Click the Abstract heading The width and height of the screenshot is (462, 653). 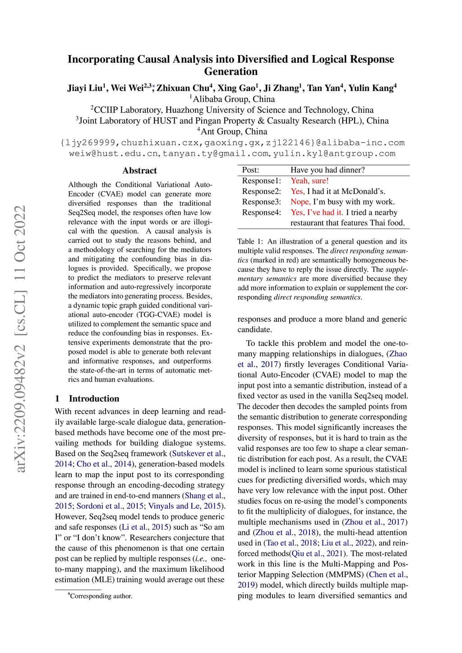(x=139, y=170)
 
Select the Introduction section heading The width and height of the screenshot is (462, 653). (x=94, y=399)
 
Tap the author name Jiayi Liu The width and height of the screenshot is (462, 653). (x=86, y=88)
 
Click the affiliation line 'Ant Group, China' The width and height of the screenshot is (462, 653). (x=233, y=132)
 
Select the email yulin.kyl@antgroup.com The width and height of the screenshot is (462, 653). (x=334, y=154)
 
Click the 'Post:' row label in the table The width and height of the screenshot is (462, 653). (x=250, y=170)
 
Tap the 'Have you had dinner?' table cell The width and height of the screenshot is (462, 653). (x=328, y=170)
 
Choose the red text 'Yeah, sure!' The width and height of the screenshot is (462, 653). (x=310, y=181)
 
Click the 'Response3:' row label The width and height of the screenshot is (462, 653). (x=261, y=202)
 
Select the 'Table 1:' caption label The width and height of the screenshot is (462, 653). (x=250, y=242)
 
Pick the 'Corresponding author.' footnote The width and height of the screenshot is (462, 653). (x=101, y=596)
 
